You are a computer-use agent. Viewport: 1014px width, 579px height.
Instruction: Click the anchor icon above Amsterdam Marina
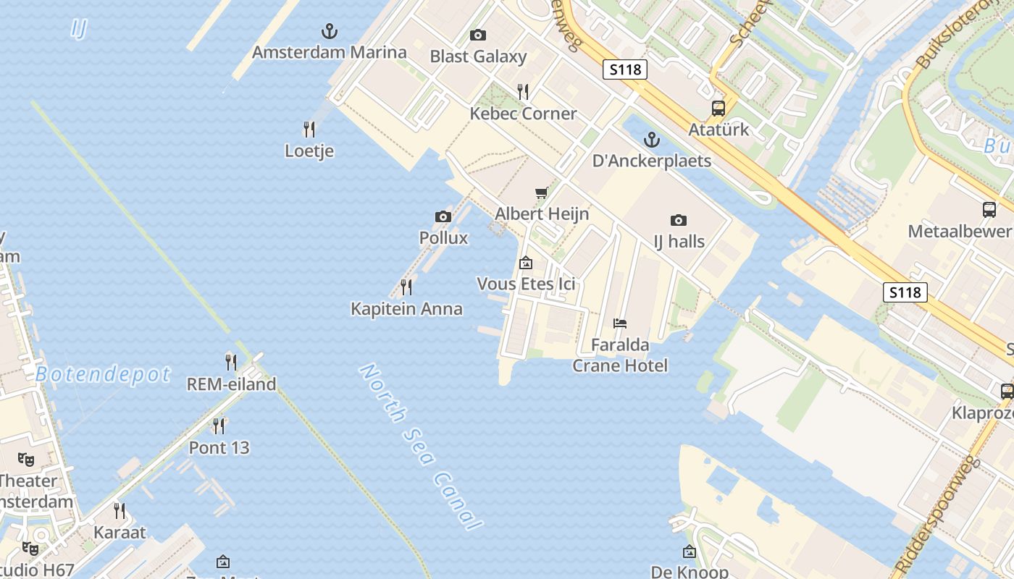pyautogui.click(x=330, y=31)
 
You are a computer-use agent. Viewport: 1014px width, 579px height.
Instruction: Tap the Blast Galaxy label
pyautogui.click(x=478, y=56)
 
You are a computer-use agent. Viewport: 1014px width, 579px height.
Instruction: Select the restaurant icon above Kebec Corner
pyautogui.click(x=523, y=92)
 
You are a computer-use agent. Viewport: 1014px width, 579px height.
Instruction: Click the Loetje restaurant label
pyautogui.click(x=309, y=151)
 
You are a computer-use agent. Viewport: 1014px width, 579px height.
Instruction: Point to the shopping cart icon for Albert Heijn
pyautogui.click(x=541, y=193)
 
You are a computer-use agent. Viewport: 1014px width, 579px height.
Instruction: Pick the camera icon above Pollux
pyautogui.click(x=443, y=216)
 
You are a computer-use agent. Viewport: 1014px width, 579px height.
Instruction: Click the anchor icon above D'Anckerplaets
pyautogui.click(x=652, y=139)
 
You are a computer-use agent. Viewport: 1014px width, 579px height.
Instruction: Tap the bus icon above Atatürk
pyautogui.click(x=718, y=109)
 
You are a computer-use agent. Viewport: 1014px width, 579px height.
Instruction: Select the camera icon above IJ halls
pyautogui.click(x=679, y=220)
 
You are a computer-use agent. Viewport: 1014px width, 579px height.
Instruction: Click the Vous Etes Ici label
pyautogui.click(x=526, y=284)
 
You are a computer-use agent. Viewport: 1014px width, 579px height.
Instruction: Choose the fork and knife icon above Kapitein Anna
pyautogui.click(x=406, y=287)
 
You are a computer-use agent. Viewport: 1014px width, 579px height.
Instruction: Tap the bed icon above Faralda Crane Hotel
pyautogui.click(x=620, y=324)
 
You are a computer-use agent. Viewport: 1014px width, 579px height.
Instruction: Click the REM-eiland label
pyautogui.click(x=232, y=384)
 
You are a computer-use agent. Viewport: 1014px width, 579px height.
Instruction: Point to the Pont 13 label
pyautogui.click(x=219, y=447)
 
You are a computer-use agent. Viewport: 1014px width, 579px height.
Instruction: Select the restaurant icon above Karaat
pyautogui.click(x=120, y=511)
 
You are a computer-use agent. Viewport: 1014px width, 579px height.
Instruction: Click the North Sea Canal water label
pyautogui.click(x=421, y=447)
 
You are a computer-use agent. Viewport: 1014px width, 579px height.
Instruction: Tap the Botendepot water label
pyautogui.click(x=103, y=374)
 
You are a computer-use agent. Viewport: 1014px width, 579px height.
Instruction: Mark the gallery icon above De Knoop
pyautogui.click(x=690, y=552)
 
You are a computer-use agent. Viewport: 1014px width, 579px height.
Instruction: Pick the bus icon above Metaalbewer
pyautogui.click(x=989, y=210)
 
